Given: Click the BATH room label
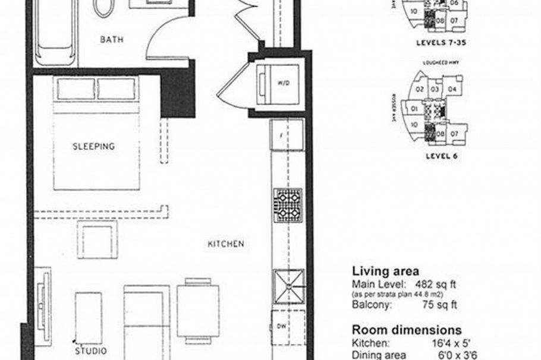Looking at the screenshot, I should [112, 40].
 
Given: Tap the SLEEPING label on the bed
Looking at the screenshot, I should [94, 146].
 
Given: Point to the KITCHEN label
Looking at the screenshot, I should [225, 244].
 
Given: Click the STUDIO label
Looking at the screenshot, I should [91, 350].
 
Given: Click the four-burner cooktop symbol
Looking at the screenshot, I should [288, 206].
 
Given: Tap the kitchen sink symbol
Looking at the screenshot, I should [288, 287].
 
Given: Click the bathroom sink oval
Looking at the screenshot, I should [104, 7].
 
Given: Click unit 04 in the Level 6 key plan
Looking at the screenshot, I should [452, 90].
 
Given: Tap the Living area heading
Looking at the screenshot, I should [385, 271].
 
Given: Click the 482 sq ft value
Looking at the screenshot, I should [436, 284].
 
